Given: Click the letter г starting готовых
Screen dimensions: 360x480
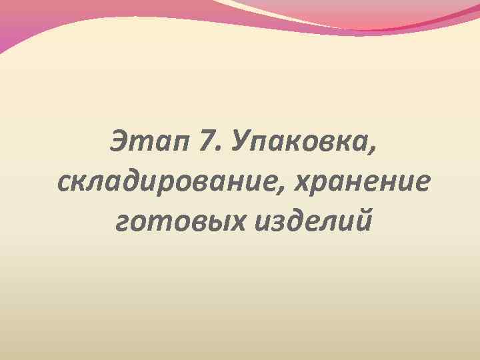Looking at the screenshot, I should click(122, 221).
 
